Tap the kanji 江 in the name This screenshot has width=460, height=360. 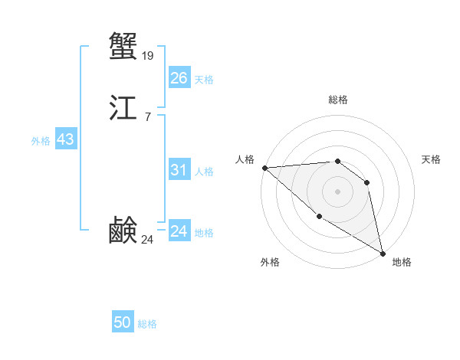tap(123, 109)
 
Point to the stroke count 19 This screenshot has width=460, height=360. tap(148, 55)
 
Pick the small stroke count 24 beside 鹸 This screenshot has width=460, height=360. tap(148, 240)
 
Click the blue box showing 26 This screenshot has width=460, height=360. tap(179, 78)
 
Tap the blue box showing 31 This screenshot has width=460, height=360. tap(179, 170)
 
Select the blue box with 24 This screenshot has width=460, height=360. tap(179, 231)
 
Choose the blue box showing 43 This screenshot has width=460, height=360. tap(65, 139)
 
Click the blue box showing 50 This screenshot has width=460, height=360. tap(123, 322)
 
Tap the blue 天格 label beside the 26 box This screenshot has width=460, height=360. tap(204, 80)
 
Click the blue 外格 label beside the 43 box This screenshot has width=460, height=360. tap(41, 141)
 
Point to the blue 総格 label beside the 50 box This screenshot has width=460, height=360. tap(147, 324)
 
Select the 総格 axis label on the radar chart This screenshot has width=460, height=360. tap(337, 100)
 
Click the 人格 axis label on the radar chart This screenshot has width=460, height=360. tap(245, 159)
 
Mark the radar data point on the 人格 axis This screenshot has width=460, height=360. tap(264, 168)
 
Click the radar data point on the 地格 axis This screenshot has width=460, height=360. tap(383, 252)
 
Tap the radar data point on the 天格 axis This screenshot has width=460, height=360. tap(367, 182)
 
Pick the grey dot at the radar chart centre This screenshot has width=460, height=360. tap(337, 191)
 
